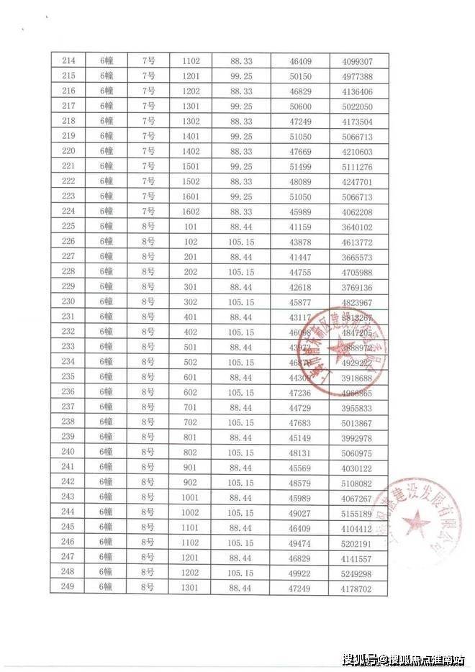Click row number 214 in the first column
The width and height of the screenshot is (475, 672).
click(68, 62)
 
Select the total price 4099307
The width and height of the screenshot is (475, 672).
click(357, 62)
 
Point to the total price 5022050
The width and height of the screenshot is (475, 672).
click(357, 107)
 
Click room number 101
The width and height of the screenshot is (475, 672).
click(191, 227)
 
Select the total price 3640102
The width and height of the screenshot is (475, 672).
click(357, 227)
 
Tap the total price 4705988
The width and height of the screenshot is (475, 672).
click(357, 272)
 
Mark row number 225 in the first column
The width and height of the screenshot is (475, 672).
click(68, 227)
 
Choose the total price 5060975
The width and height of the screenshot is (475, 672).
click(357, 452)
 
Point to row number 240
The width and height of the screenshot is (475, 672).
click(68, 452)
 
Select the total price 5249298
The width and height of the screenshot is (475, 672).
click(357, 573)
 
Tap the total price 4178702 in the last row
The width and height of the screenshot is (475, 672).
click(357, 587)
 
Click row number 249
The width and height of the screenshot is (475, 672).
click(68, 587)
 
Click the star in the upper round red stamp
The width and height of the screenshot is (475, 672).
click(338, 351)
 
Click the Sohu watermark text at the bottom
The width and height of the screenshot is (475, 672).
click(403, 658)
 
